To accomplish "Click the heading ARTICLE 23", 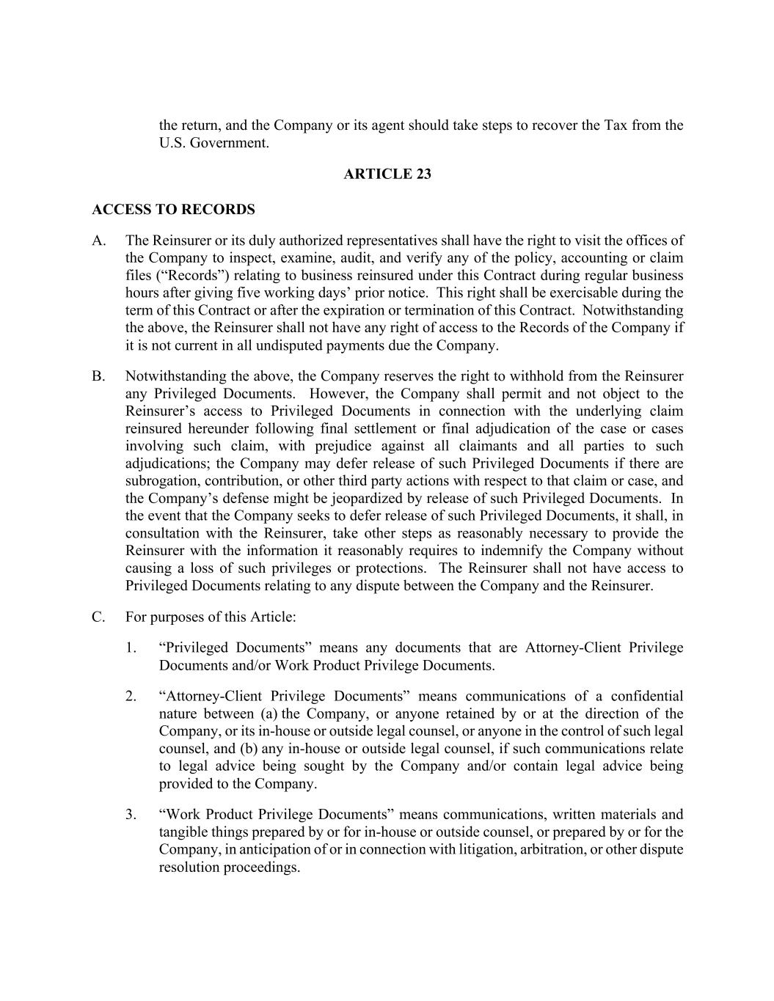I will (x=387, y=174).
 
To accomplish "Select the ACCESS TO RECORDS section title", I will (x=173, y=210).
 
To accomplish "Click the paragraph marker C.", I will (x=99, y=617).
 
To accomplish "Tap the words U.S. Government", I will (x=214, y=142).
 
